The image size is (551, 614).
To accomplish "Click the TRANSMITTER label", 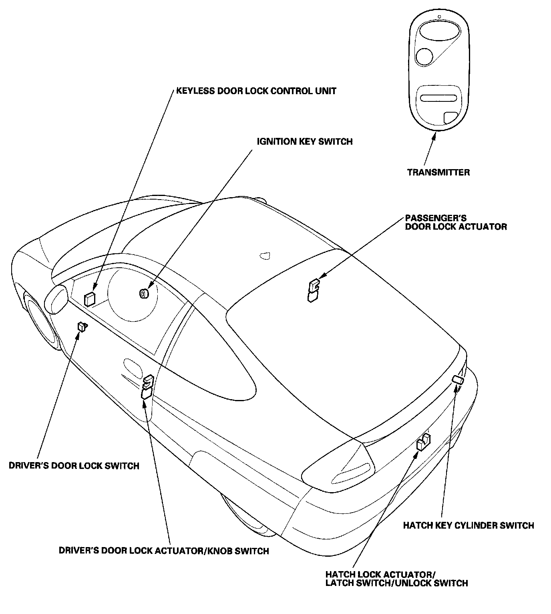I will click(438, 172).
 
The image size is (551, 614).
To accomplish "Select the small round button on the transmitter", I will click(424, 56).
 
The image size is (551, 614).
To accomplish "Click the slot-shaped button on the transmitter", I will click(438, 99).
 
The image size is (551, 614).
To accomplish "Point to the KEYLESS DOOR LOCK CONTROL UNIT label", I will click(256, 91).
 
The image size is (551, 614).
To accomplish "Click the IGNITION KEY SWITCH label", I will click(304, 141).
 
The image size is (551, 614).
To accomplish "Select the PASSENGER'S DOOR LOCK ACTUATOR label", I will click(456, 222).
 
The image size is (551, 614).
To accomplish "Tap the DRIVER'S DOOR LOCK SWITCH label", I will click(74, 466).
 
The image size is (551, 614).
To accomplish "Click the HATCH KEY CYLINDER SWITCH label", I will click(468, 525).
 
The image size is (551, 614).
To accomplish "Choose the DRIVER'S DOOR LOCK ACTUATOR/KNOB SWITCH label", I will click(164, 551).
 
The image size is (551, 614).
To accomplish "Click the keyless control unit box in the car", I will click(89, 299).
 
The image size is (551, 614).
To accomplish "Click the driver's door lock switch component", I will click(82, 327).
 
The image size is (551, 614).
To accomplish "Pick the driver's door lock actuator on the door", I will click(147, 387).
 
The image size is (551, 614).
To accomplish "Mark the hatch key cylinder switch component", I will click(458, 380).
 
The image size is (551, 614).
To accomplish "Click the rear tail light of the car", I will click(340, 469).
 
